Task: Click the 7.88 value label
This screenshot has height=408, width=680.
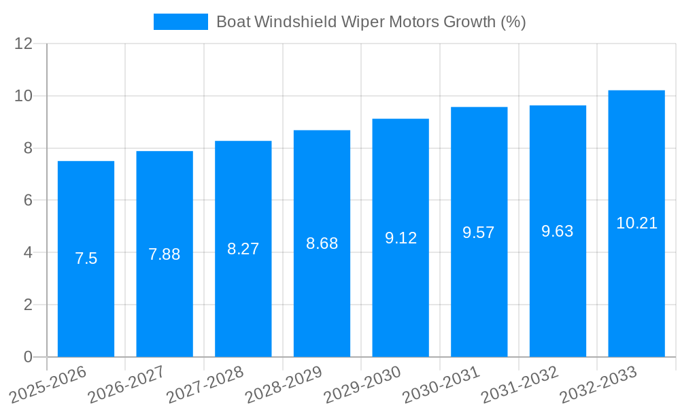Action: coord(165,254)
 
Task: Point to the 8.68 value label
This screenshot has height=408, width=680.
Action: coord(322,243)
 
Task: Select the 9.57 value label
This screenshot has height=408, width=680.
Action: coord(479,233)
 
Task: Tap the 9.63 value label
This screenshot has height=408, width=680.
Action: coord(558,231)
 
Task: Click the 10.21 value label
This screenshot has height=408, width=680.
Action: coord(636,223)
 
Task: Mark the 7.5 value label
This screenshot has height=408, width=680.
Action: coord(86,258)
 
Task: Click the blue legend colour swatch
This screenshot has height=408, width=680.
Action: coord(180,22)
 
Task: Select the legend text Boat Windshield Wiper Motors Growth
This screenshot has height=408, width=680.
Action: coord(371,22)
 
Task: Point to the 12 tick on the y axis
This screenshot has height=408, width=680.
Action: coord(24,44)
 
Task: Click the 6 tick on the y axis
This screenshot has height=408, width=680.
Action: coord(28,201)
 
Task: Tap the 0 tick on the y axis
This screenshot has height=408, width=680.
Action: coord(28,357)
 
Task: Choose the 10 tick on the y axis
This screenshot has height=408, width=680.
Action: coord(24,96)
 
